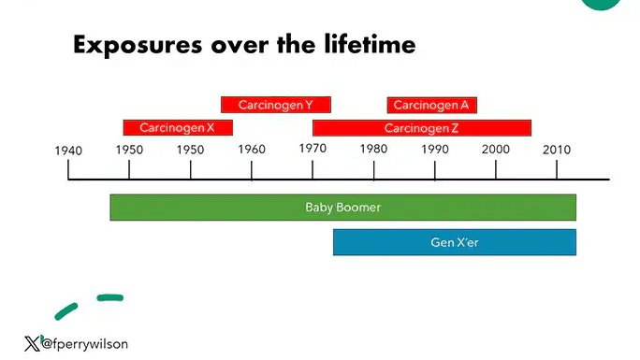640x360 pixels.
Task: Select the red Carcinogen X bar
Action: [x=178, y=127]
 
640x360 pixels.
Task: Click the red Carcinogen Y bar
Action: [x=275, y=105]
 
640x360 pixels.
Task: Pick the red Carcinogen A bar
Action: [x=431, y=105]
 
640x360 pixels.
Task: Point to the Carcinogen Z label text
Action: [x=421, y=128]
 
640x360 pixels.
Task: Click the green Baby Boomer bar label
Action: [x=342, y=207]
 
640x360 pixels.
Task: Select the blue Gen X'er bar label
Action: [x=454, y=242]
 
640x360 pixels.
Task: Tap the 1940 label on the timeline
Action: [x=68, y=151]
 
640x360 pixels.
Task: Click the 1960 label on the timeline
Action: [x=251, y=150]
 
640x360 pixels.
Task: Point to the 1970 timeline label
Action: [x=313, y=150]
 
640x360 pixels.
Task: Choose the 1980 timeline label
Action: [x=373, y=150]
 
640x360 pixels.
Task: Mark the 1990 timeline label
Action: [x=434, y=150]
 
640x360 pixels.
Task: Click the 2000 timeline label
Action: [x=495, y=150]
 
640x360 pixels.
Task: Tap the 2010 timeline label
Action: [x=557, y=150]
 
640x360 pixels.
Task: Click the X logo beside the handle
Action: [x=31, y=343]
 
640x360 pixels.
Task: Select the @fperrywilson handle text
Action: [x=85, y=344]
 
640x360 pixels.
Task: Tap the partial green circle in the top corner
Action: [x=600, y=4]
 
